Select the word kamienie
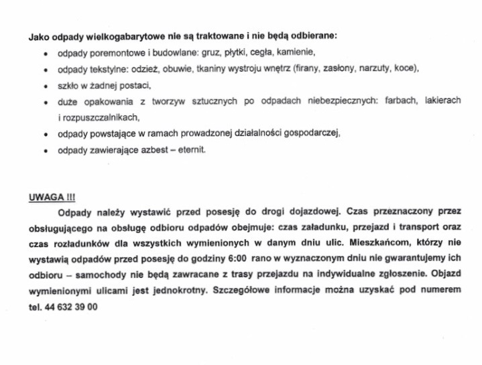pos(296,52)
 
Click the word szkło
pos(68,85)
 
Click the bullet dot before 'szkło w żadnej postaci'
pos(45,86)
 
